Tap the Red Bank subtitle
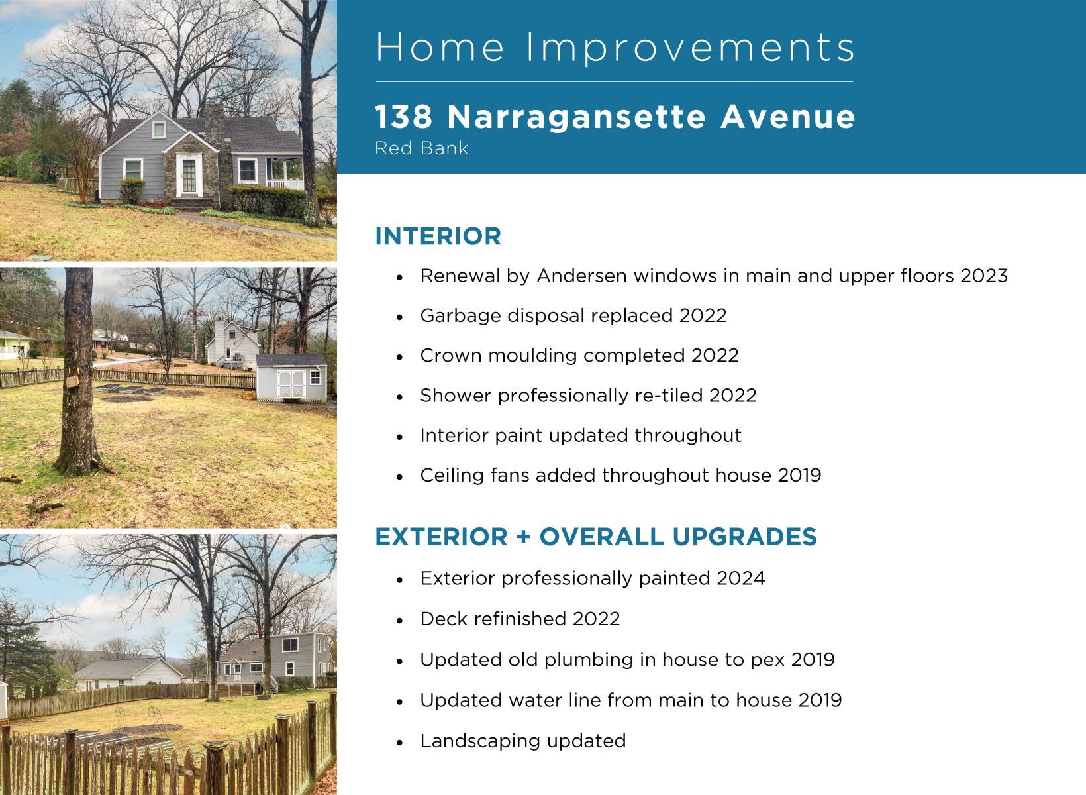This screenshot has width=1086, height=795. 421,148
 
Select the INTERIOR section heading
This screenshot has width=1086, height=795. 438,237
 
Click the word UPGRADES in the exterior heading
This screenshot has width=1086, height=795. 744,537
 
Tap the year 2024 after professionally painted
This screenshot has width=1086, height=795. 740,578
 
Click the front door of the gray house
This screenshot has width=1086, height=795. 189,174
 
